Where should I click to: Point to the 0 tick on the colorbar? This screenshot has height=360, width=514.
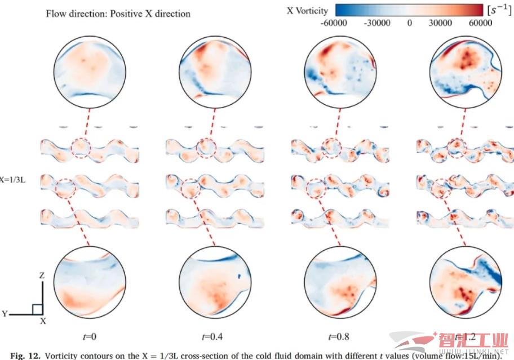pyautogui.click(x=410, y=23)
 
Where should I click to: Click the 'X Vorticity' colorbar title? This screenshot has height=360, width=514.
pyautogui.click(x=307, y=10)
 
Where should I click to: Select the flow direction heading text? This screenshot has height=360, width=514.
pyautogui.click(x=118, y=13)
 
